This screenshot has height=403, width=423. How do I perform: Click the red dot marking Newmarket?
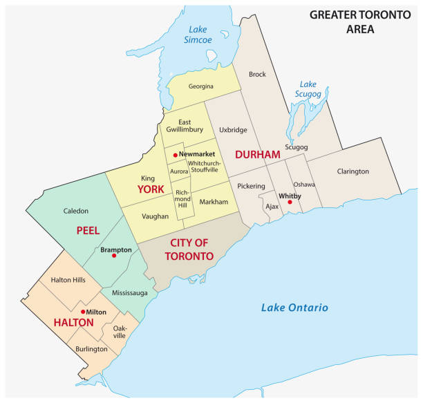(x=176, y=154)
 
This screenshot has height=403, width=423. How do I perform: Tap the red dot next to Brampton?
(x=114, y=256)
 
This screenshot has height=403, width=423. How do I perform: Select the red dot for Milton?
(x=82, y=312)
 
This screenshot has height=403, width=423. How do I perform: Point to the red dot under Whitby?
(x=290, y=203)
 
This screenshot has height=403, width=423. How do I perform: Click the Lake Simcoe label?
(x=198, y=34)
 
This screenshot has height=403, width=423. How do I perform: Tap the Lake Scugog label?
(x=308, y=89)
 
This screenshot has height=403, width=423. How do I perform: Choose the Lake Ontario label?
(x=294, y=308)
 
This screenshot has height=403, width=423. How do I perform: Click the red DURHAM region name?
(x=257, y=153)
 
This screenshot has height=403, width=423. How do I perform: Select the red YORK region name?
(x=151, y=189)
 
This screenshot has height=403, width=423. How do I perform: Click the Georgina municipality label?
(x=200, y=86)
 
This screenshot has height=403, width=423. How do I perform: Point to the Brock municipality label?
(x=257, y=74)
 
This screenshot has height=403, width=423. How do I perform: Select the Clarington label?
(x=352, y=171)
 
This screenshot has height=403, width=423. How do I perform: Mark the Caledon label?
(x=76, y=210)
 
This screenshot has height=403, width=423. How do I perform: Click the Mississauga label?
(x=129, y=293)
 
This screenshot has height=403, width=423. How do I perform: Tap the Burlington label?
(x=91, y=349)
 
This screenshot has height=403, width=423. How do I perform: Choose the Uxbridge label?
(x=232, y=129)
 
